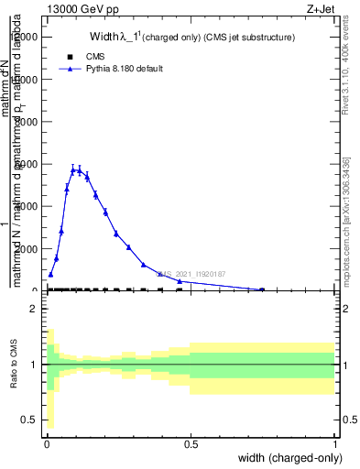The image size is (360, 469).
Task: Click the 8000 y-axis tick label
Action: pos(26,122)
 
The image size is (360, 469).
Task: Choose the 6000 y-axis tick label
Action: pos(26,164)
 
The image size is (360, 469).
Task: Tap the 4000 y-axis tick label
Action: pos(26,206)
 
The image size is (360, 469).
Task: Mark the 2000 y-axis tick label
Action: pos(26,248)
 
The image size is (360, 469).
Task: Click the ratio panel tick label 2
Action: pos(32,310)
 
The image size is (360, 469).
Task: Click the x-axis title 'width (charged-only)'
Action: pos(289,458)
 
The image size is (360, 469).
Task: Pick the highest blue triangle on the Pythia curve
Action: pos(73,169)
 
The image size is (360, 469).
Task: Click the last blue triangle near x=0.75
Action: pos(262,289)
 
